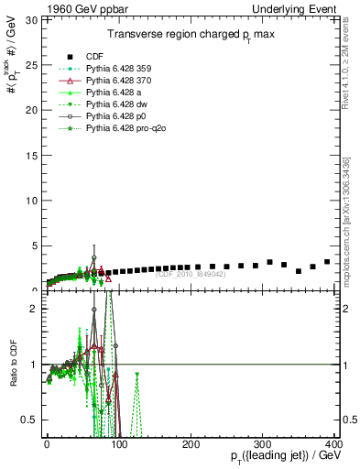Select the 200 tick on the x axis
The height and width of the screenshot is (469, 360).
click(191, 445)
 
